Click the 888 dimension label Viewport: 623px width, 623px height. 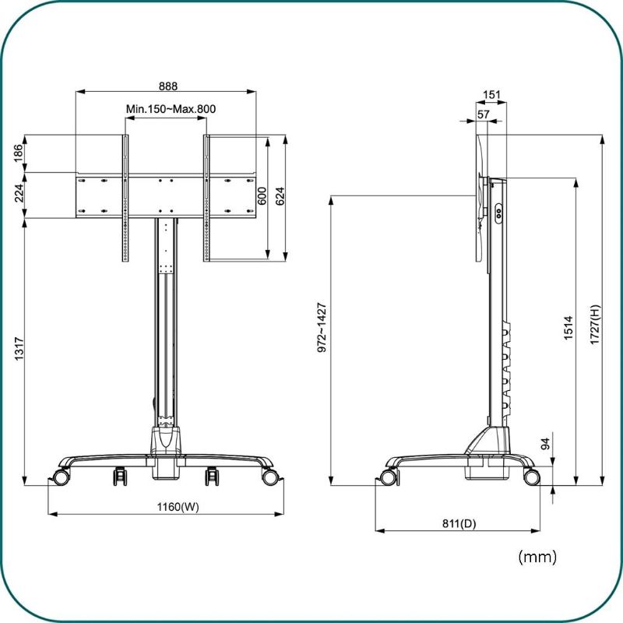(x=168, y=86)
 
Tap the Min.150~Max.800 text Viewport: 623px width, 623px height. (x=171, y=109)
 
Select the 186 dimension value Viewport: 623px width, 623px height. (x=18, y=153)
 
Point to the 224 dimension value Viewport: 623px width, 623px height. (x=18, y=193)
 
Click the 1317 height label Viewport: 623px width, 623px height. (x=19, y=349)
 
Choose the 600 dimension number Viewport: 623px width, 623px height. (x=262, y=196)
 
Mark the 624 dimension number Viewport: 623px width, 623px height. (x=280, y=196)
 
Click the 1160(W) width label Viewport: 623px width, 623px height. (x=178, y=507)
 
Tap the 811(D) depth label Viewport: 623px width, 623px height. (x=459, y=523)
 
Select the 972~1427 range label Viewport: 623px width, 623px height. (x=322, y=328)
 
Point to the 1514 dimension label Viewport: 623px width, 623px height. (x=568, y=328)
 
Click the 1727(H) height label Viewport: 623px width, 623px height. (x=595, y=325)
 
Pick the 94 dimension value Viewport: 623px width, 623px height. (x=546, y=443)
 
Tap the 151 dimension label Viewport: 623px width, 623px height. (x=491, y=94)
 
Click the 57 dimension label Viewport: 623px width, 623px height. (x=483, y=114)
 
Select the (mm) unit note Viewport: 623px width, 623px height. (x=537, y=557)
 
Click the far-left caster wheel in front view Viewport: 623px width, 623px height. (x=61, y=477)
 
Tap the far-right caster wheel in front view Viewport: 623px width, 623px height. (x=269, y=477)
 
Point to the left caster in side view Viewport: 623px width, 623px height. (x=388, y=477)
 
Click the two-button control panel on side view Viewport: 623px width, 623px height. (x=498, y=214)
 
